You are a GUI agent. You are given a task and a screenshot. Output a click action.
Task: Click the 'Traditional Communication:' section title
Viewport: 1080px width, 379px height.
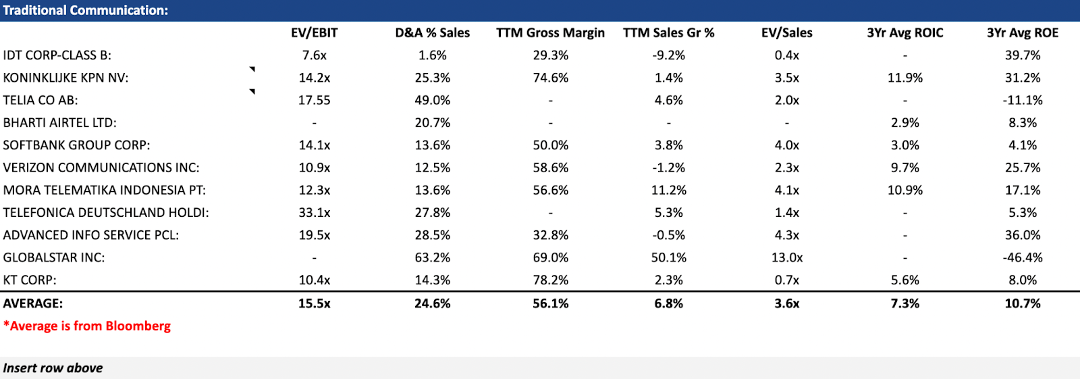point(86,10)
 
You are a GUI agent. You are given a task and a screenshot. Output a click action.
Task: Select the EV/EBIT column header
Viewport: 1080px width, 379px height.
point(314,32)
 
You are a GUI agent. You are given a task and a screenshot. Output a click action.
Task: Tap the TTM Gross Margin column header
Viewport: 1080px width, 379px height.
point(550,32)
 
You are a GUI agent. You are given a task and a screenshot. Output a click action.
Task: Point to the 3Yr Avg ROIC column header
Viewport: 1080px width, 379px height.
point(905,32)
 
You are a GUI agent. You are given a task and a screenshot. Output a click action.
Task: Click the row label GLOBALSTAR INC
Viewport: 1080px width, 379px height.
point(54,257)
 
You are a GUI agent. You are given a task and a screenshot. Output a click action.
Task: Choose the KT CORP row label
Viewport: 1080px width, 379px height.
point(30,280)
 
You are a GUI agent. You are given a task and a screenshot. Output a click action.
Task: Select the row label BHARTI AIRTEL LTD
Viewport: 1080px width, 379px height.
point(59,122)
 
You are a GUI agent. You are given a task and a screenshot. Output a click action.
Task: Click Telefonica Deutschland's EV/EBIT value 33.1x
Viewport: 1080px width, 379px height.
point(314,212)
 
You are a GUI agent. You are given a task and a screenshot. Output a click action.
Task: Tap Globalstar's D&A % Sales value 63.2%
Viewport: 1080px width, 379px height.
point(432,257)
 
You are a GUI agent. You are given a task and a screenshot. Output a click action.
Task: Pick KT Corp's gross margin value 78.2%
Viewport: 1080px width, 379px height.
point(550,280)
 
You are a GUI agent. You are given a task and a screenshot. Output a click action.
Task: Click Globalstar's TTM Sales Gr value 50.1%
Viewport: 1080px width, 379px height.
point(668,257)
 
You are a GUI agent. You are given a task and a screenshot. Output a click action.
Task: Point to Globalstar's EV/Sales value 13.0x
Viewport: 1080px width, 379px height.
point(786,257)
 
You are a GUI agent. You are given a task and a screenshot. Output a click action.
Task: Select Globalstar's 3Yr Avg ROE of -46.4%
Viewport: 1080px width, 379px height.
point(1022,257)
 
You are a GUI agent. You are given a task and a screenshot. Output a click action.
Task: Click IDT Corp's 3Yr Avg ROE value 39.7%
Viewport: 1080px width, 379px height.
point(1022,55)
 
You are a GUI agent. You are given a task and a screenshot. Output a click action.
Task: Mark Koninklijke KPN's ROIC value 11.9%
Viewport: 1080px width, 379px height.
point(905,78)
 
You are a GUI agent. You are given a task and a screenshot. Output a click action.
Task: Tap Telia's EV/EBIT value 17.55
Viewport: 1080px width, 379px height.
point(314,100)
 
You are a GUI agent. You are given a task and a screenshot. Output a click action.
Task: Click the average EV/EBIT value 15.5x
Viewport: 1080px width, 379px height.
point(314,303)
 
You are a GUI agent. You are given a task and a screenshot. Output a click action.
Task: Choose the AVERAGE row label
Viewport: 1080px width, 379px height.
point(32,303)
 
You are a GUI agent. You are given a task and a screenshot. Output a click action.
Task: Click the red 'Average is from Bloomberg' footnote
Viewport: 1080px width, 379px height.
point(87,326)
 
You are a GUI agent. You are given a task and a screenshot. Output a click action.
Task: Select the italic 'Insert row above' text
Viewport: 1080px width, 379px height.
point(53,368)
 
